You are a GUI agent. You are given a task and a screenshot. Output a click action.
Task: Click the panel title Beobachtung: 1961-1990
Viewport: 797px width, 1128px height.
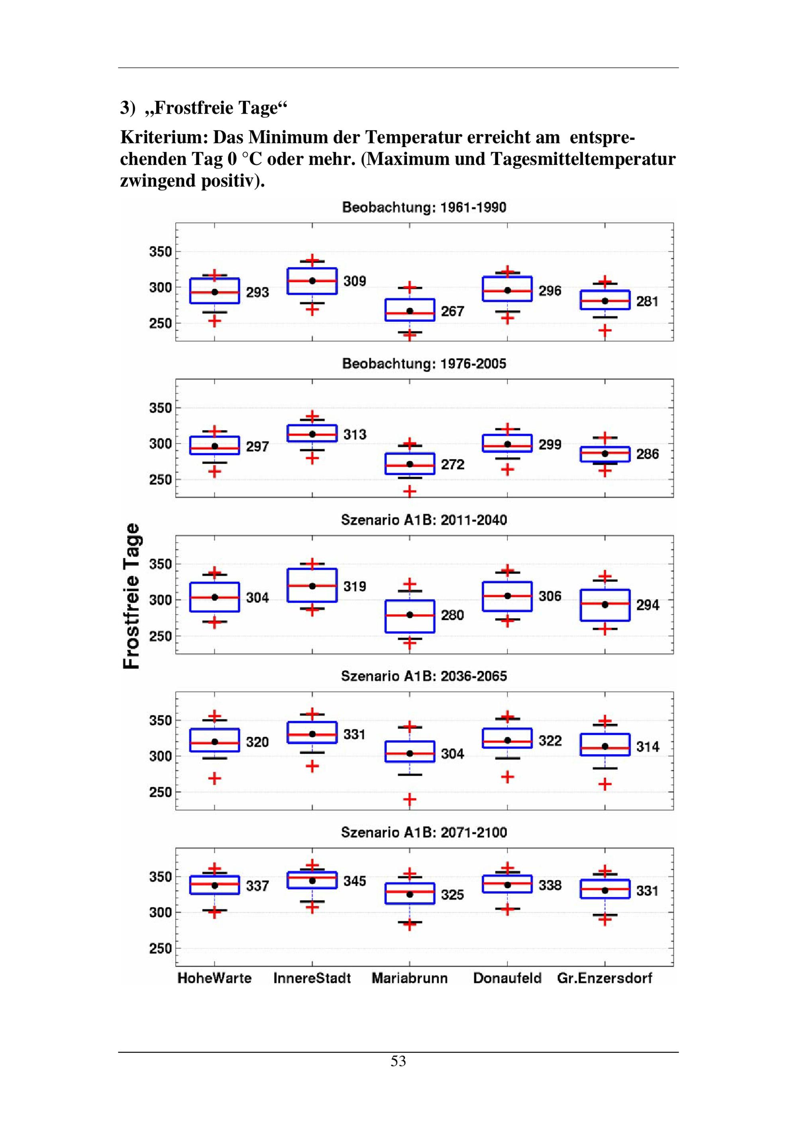click(x=424, y=207)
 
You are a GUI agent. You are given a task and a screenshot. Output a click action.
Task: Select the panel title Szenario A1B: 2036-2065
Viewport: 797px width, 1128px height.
click(x=424, y=676)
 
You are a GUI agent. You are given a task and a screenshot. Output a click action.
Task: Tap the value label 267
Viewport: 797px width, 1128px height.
click(x=452, y=311)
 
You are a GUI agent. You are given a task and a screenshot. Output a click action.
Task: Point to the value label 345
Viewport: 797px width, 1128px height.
click(x=355, y=881)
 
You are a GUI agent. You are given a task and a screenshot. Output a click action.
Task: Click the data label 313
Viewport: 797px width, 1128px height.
click(x=355, y=434)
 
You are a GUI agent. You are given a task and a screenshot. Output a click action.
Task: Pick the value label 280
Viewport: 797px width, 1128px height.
click(x=452, y=615)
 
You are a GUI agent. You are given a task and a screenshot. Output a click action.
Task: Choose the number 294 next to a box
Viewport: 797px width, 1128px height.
click(x=648, y=605)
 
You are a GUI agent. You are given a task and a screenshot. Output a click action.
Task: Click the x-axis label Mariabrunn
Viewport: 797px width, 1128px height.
click(x=410, y=978)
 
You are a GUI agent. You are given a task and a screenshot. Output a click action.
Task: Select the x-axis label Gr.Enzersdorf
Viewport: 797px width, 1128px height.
click(x=605, y=978)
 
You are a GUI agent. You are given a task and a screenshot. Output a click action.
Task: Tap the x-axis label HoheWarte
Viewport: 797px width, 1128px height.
click(x=215, y=978)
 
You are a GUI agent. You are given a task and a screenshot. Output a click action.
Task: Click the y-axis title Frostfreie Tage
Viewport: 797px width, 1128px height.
click(x=132, y=595)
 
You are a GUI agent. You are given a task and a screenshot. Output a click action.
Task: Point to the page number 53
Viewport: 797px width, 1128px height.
click(x=398, y=1062)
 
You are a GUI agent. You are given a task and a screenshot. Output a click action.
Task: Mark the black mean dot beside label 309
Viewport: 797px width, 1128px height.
click(x=312, y=281)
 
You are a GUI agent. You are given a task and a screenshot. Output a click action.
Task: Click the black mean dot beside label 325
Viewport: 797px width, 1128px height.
click(x=410, y=895)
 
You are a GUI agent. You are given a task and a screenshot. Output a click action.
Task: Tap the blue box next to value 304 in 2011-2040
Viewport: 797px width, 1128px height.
click(x=215, y=597)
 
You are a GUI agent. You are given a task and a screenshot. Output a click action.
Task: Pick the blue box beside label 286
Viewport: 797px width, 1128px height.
click(x=605, y=454)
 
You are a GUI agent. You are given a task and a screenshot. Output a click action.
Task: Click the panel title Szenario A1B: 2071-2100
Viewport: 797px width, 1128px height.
click(x=424, y=832)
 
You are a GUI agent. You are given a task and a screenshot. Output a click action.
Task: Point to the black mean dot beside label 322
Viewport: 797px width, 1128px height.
click(x=508, y=740)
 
